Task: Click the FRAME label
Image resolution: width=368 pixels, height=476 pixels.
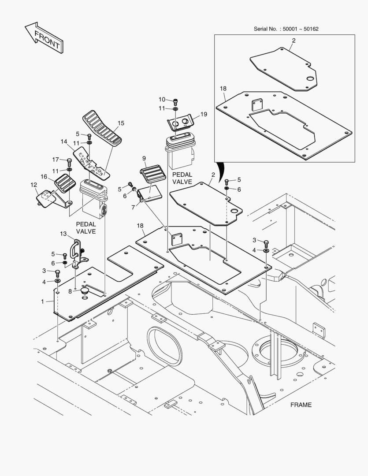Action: pyautogui.click(x=301, y=405)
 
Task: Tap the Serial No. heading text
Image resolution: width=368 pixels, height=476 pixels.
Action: pyautogui.click(x=286, y=29)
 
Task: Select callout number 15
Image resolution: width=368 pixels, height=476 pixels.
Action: pyautogui.click(x=121, y=123)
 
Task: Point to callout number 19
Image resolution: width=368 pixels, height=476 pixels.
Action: pyautogui.click(x=203, y=114)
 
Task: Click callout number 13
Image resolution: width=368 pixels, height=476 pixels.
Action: pyautogui.click(x=63, y=233)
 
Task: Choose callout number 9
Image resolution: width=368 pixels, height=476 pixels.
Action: pyautogui.click(x=144, y=158)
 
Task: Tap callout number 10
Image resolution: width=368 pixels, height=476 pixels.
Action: pyautogui.click(x=162, y=99)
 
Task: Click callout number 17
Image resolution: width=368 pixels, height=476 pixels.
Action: pyautogui.click(x=56, y=160)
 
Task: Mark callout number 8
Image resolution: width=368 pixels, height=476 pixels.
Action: pyautogui.click(x=70, y=291)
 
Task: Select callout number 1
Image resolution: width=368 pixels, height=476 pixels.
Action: pyautogui.click(x=42, y=301)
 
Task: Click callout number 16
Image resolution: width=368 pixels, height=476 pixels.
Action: pyautogui.click(x=44, y=176)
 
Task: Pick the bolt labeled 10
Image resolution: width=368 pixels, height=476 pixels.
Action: pyautogui.click(x=175, y=100)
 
